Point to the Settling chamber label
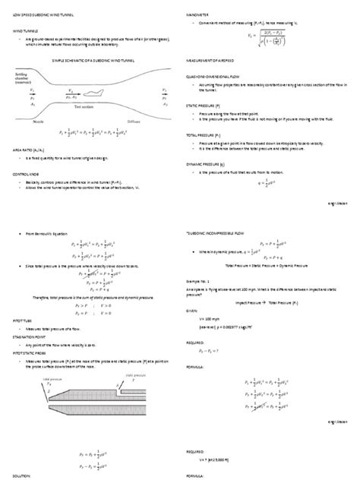point(20,77)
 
